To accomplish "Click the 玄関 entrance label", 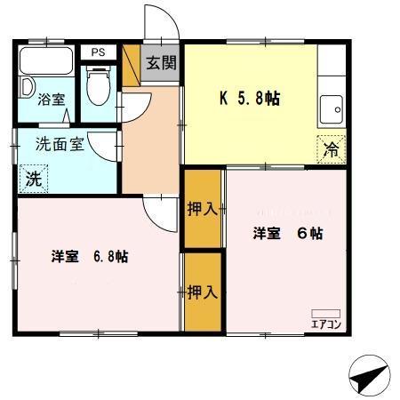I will point(161,63).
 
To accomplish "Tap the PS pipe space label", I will point(97,52).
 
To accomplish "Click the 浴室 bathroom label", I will point(51,100).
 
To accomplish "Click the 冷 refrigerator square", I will point(329,149).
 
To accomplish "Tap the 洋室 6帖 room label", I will point(286,234).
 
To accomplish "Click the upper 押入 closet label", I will point(202,210).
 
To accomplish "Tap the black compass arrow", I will point(367,377).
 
